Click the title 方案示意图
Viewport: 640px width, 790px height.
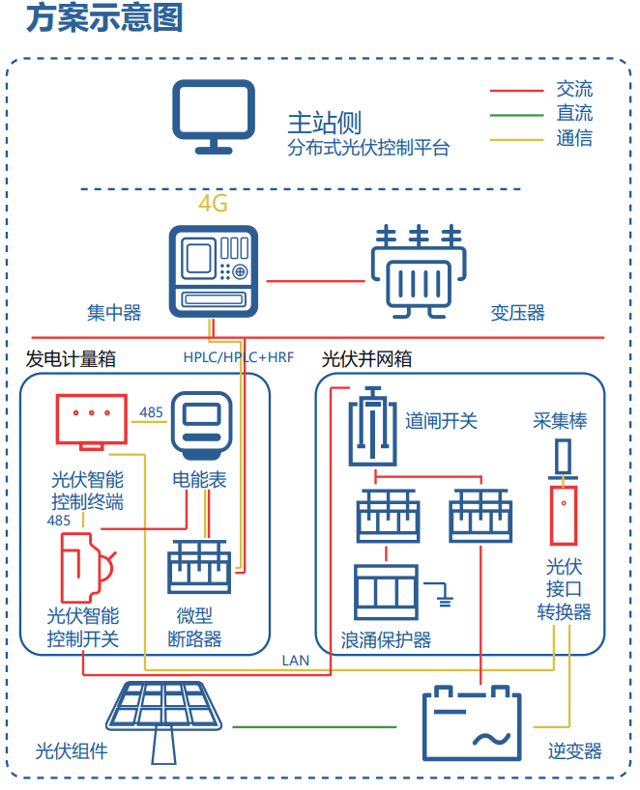click(x=104, y=18)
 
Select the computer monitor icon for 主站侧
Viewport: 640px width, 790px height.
click(x=214, y=118)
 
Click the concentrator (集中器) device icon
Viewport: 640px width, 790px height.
click(x=213, y=271)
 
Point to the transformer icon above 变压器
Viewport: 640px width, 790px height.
click(x=418, y=272)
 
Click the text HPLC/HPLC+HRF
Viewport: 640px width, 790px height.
click(x=239, y=357)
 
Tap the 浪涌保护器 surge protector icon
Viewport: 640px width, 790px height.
click(x=386, y=592)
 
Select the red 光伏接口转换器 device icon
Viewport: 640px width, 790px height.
click(x=562, y=515)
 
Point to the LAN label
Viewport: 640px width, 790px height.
click(x=295, y=661)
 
